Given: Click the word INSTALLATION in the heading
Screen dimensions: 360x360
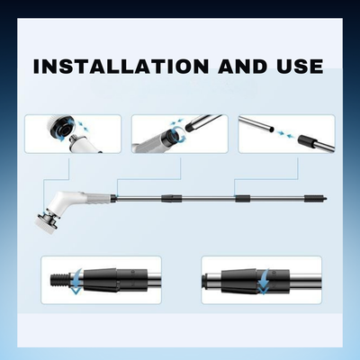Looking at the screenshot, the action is pos(121,67).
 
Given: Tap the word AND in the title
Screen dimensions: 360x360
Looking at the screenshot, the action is pos(243,67).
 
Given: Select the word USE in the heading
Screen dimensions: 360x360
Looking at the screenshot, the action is pos(300,67).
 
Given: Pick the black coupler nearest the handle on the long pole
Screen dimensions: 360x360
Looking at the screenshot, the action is pos(172,198).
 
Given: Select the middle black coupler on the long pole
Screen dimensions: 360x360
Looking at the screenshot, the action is pos(243,199).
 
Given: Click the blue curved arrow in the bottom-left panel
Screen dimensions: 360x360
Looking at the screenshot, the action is pos(76,282).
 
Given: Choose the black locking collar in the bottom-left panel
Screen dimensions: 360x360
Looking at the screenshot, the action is pos(116,280).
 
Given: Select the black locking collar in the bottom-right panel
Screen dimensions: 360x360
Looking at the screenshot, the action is pos(256,282).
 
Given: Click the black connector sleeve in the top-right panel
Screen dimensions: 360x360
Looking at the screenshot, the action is pos(307,140).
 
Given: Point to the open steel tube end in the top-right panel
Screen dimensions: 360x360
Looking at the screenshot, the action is pos(271,130).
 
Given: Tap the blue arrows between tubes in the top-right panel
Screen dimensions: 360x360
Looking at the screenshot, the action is pos(284,134).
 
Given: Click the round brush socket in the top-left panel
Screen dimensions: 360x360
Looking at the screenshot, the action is pos(65,129).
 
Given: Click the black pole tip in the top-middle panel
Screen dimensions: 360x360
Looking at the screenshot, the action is pos(190,127).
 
